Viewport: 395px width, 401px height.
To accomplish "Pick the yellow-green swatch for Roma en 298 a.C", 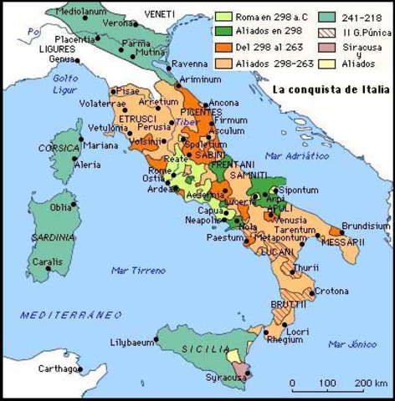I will point(223,15).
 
